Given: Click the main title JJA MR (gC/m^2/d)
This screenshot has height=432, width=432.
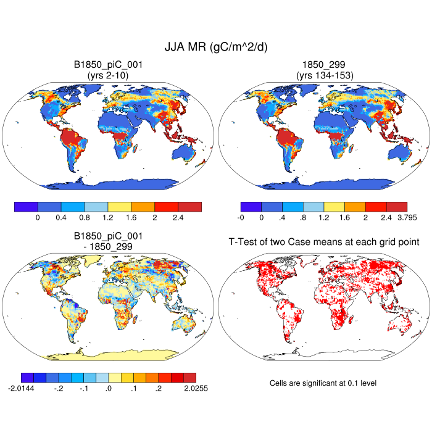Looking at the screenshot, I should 215,47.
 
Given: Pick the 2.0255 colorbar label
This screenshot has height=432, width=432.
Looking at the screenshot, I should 184,389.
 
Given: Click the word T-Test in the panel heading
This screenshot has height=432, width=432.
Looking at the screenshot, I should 242,243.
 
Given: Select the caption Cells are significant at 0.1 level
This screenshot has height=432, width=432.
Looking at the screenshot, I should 323,383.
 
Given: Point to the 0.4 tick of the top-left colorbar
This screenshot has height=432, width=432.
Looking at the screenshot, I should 61,218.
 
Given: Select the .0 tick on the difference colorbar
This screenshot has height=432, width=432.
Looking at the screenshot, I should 109,389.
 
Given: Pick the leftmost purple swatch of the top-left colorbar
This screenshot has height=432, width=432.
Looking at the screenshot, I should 26,206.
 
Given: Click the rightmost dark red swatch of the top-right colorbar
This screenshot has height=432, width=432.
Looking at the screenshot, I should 397,206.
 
